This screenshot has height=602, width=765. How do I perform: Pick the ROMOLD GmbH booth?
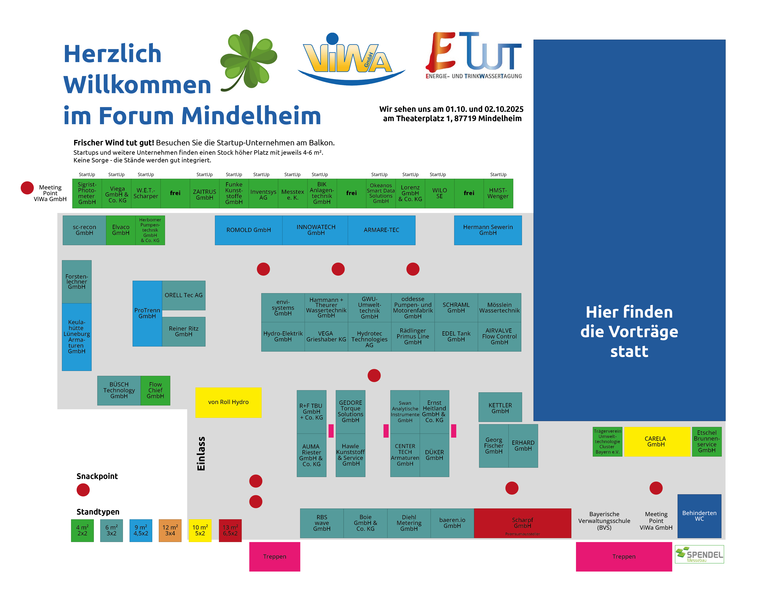point(249,230)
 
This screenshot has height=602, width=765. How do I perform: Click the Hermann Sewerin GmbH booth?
point(488,230)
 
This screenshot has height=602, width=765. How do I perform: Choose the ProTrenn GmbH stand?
point(147,313)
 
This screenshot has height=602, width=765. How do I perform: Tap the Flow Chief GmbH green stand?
point(155,390)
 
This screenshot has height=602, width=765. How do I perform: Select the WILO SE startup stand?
point(439,193)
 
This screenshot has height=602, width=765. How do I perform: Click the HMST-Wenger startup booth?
point(498,193)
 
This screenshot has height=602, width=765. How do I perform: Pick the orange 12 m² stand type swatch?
point(170,530)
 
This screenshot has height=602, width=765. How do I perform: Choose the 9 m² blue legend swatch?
point(141,530)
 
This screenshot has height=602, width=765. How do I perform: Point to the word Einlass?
point(201,454)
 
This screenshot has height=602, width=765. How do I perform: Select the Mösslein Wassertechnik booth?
point(499,308)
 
